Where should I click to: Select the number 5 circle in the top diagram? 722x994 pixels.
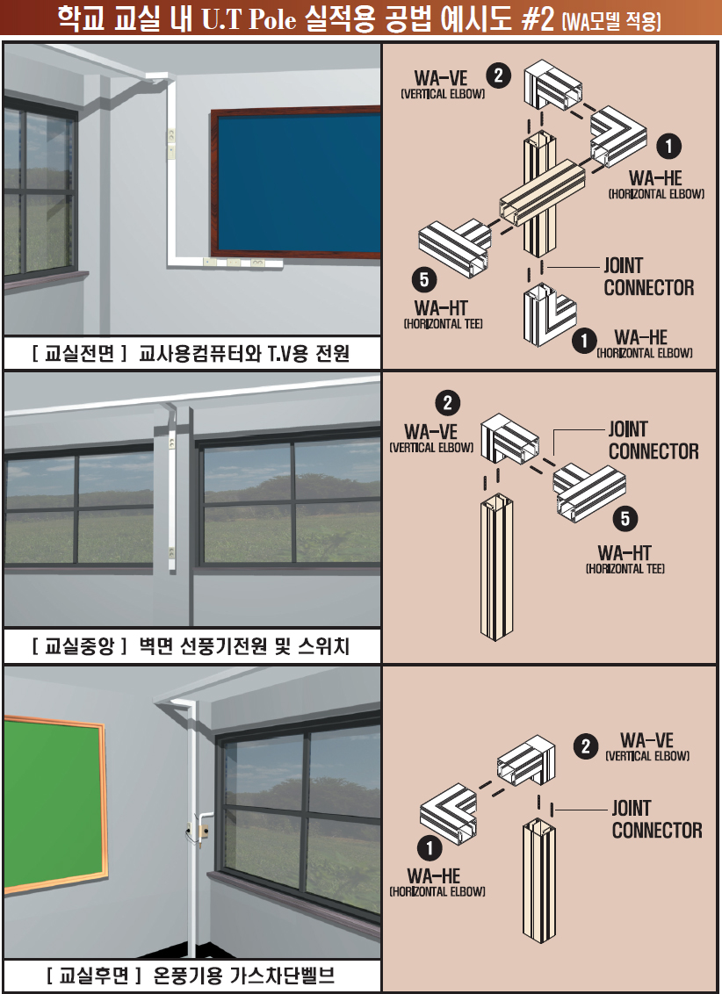click(x=424, y=279)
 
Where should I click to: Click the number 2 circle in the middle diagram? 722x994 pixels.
click(x=448, y=403)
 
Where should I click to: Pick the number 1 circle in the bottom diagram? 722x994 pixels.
click(x=430, y=848)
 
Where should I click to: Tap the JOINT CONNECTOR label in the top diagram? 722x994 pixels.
click(x=648, y=277)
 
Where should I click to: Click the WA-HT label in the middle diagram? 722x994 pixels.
click(x=625, y=552)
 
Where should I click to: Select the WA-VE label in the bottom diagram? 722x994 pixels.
click(x=646, y=740)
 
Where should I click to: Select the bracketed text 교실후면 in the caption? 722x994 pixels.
click(x=94, y=975)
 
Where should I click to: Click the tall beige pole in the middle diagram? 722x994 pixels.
click(x=496, y=566)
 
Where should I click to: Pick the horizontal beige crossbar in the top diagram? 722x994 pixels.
click(x=541, y=192)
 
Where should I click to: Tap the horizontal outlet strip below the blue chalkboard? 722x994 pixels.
click(x=242, y=261)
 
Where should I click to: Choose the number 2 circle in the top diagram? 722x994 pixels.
click(x=499, y=76)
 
